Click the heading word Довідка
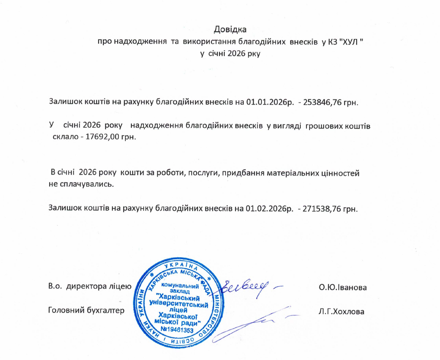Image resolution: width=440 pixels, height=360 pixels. coord(230,30)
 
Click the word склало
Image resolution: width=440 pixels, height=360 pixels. coord(65,137)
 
